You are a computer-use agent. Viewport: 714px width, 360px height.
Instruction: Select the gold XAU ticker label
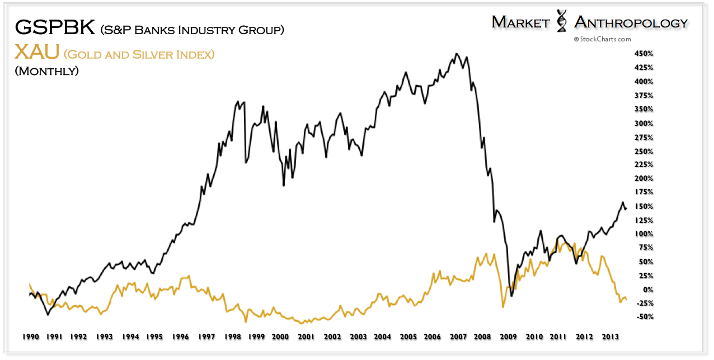click(x=36, y=53)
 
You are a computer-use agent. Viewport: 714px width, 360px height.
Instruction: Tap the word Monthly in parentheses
click(x=46, y=71)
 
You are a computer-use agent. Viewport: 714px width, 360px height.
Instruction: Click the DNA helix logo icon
click(x=562, y=22)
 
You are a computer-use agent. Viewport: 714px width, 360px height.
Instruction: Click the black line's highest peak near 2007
click(x=457, y=54)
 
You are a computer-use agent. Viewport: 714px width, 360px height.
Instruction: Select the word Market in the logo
click(x=522, y=22)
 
